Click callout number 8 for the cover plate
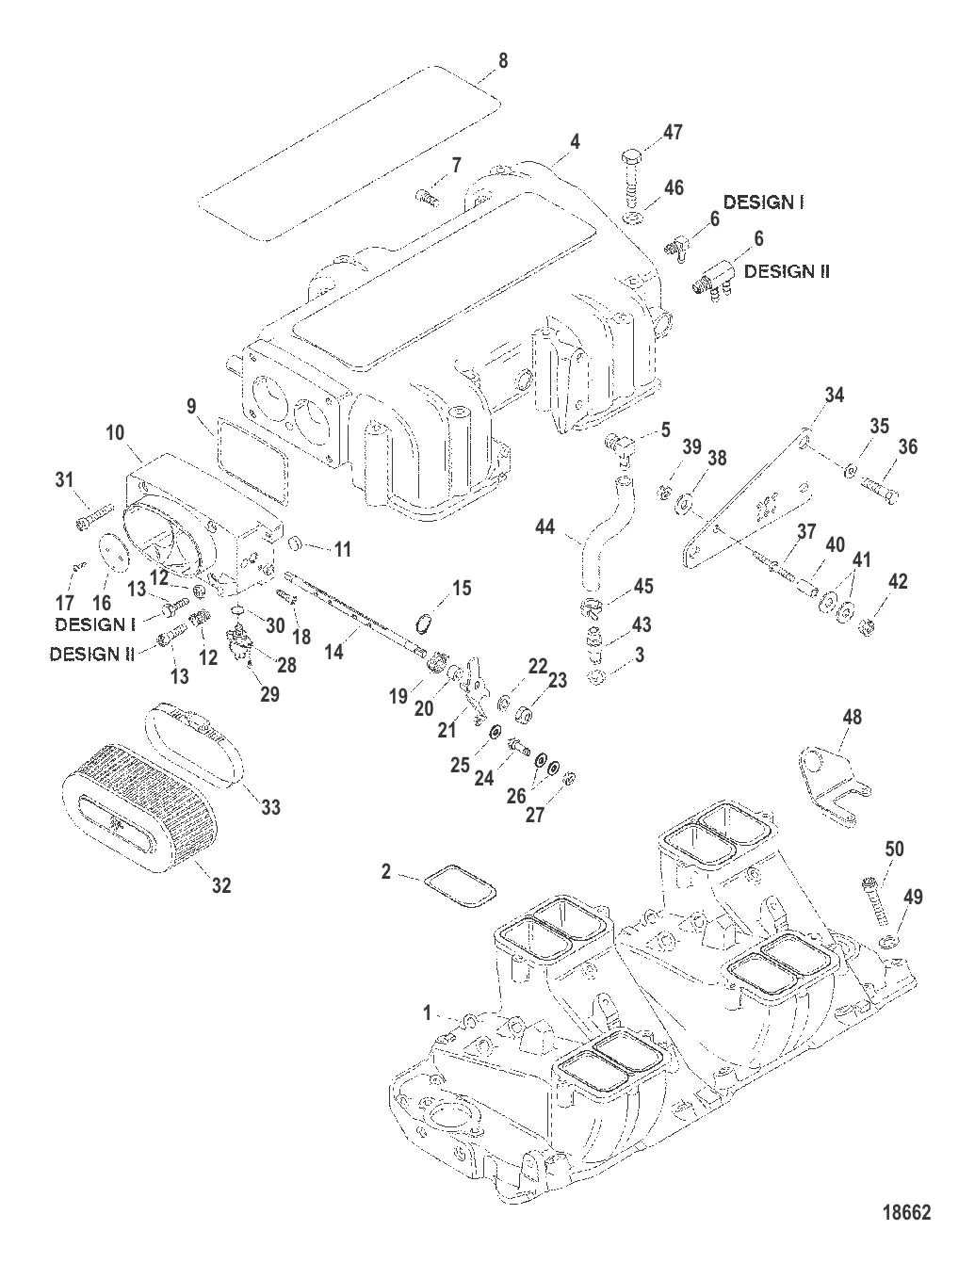point(502,61)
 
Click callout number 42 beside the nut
point(898,581)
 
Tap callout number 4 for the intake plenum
point(576,142)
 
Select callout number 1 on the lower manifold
point(427,1013)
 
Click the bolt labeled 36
point(882,490)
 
